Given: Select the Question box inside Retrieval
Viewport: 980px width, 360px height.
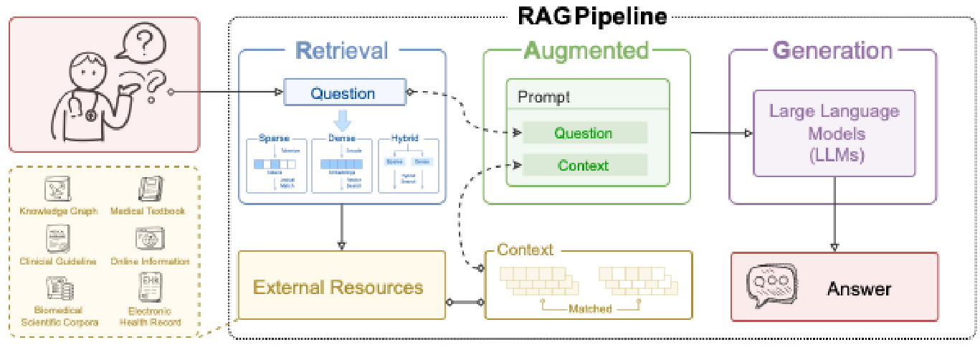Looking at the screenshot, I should point(342,93).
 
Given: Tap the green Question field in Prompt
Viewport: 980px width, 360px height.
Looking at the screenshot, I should point(584,133).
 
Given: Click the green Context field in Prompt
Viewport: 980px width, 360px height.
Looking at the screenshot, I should point(584,166).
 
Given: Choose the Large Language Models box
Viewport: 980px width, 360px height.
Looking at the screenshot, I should point(834,133).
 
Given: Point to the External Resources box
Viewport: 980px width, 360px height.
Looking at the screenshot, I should point(338,288).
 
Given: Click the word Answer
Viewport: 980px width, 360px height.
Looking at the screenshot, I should point(859,289).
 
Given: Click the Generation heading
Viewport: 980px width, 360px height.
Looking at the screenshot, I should point(832,50).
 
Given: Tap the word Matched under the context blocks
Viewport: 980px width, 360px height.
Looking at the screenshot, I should point(589,308).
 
